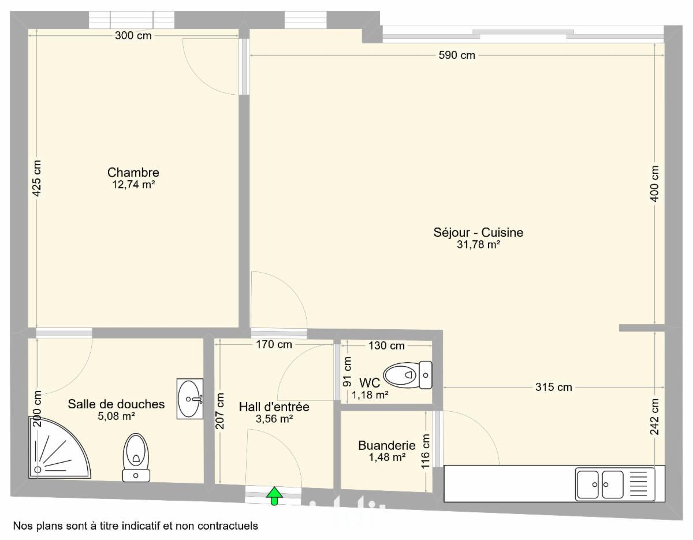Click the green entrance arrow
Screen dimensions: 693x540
(274, 496)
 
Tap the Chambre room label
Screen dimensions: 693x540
(133, 173)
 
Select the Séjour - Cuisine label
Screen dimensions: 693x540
(478, 233)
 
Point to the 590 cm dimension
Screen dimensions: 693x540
(457, 55)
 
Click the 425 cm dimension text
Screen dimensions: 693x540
(37, 178)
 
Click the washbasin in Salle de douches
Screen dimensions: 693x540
(190, 399)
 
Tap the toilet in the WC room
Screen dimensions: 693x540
(408, 375)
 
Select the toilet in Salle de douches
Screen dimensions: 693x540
(136, 457)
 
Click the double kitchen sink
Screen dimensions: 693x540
(615, 484)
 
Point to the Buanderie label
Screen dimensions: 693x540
(387, 446)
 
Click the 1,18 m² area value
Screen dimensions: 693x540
(370, 395)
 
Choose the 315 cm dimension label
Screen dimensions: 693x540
(554, 387)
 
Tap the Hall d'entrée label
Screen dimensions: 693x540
(274, 407)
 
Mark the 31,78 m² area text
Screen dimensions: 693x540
(478, 245)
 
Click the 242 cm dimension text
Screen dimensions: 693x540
(654, 416)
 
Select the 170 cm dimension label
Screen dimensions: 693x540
(274, 344)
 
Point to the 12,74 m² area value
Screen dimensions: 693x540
(133, 184)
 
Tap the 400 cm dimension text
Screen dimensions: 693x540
(654, 184)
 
